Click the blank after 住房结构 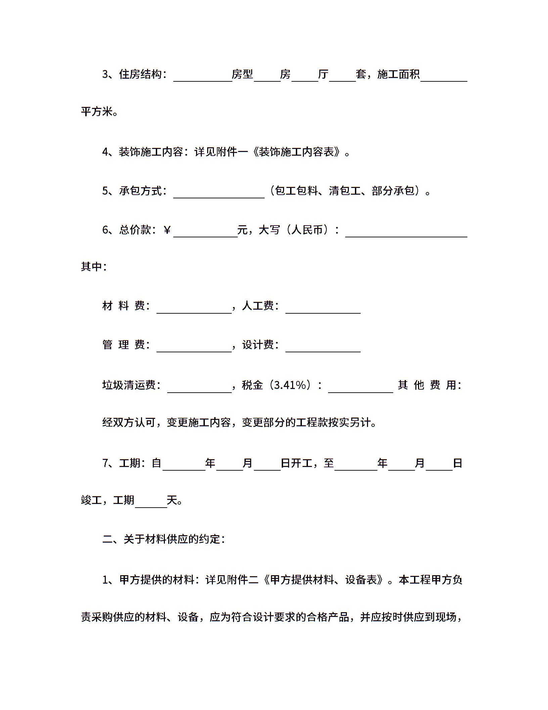coord(202,76)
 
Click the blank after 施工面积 coord(444,76)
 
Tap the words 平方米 coord(97,112)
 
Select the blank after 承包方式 coord(219,193)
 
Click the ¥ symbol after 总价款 coord(167,230)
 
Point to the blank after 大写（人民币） coord(406,231)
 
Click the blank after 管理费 coord(194,346)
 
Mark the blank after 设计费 coord(323,346)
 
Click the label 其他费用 coord(429,385)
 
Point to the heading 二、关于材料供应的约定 coord(163,539)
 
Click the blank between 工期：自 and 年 coord(184,465)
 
